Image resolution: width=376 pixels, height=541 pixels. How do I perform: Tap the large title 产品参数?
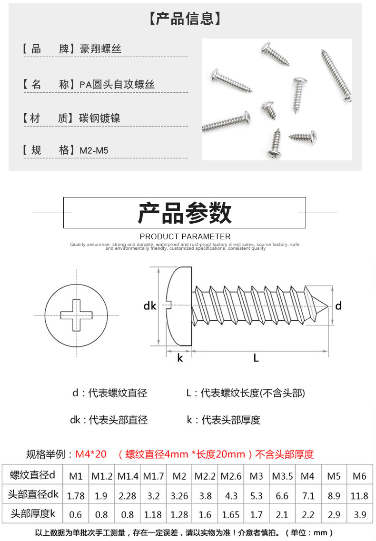click(185, 213)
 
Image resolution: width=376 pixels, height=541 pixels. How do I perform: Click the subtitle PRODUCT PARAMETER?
click(185, 236)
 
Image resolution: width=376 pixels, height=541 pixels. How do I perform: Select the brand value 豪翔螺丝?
click(100, 49)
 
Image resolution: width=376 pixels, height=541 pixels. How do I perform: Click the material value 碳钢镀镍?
click(99, 118)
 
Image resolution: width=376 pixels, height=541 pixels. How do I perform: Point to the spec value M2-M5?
click(94, 151)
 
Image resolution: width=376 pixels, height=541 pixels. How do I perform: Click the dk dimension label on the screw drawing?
click(150, 306)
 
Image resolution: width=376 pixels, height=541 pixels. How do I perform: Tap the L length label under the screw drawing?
click(256, 358)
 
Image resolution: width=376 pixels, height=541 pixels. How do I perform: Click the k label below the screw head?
click(180, 358)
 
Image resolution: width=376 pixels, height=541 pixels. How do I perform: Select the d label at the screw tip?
click(338, 305)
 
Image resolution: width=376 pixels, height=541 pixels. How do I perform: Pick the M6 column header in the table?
click(359, 476)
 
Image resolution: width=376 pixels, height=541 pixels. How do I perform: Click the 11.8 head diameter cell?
click(359, 495)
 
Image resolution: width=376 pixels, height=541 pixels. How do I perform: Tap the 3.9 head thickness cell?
click(359, 514)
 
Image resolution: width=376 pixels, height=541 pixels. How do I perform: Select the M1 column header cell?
click(76, 476)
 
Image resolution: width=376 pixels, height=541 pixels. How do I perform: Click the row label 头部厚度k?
click(33, 514)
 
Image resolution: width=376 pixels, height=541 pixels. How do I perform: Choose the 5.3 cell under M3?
click(257, 495)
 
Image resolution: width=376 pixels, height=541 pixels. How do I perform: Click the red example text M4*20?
click(91, 454)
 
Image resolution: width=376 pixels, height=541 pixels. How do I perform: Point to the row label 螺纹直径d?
click(33, 475)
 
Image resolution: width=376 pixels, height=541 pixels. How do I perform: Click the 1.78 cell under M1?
click(76, 495)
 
